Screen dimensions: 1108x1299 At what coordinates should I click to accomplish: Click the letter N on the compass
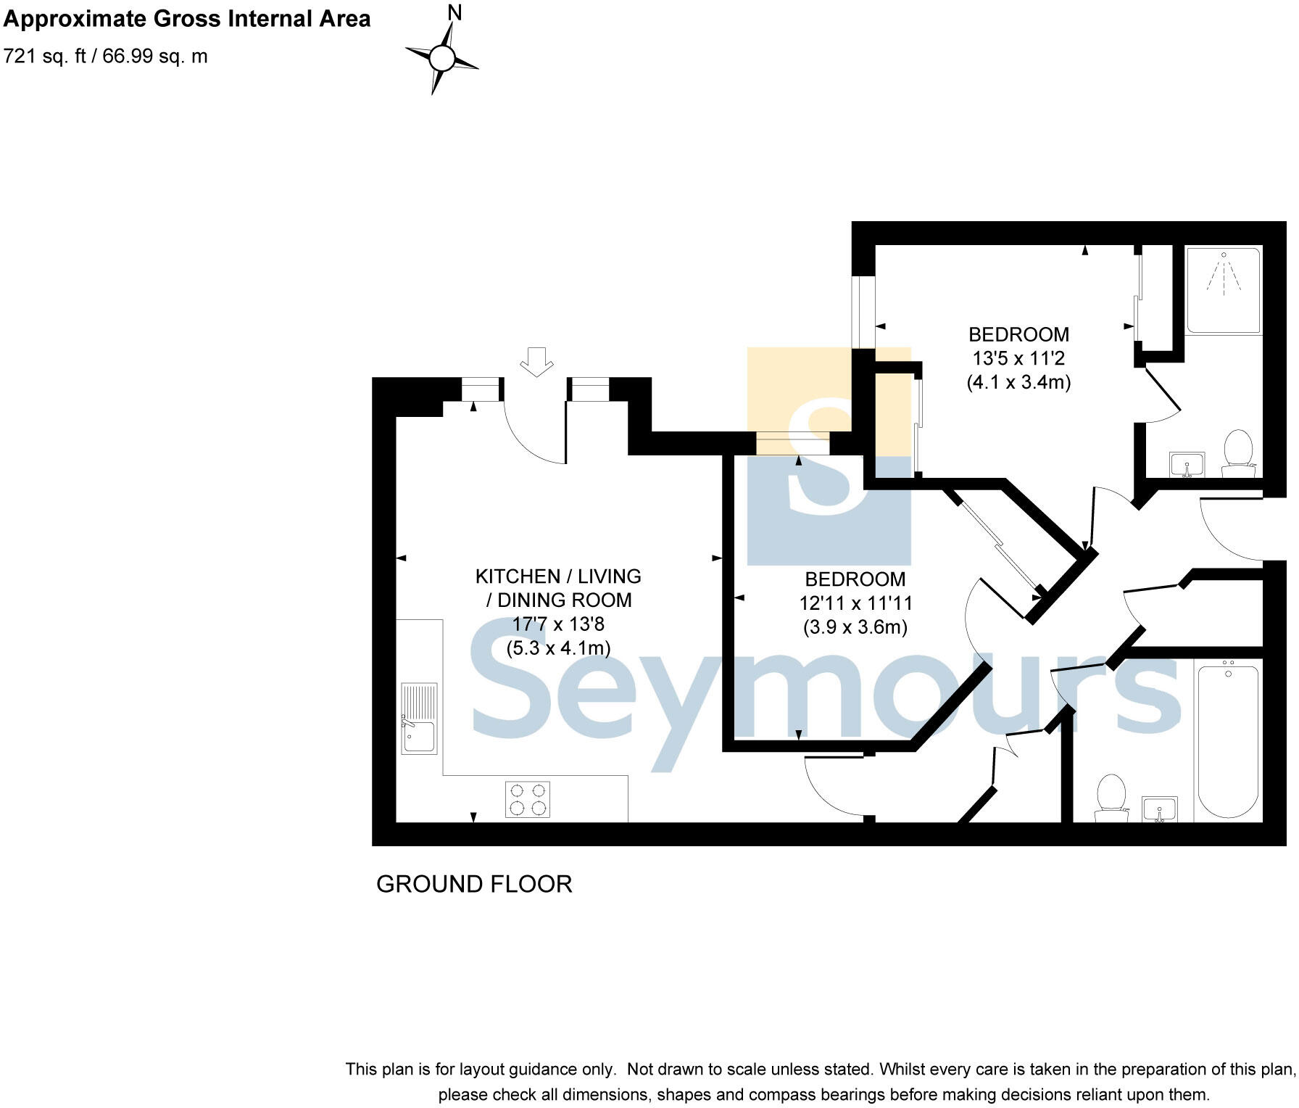[455, 12]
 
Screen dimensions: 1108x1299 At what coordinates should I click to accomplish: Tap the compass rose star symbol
[441, 58]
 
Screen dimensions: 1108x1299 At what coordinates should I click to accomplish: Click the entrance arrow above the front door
[536, 361]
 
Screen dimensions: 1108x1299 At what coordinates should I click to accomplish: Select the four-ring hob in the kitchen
[527, 799]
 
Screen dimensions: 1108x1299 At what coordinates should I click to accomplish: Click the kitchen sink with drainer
[419, 718]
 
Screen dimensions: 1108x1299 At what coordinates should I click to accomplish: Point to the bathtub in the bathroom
[1228, 740]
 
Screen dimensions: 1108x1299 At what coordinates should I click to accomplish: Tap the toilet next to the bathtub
[1111, 795]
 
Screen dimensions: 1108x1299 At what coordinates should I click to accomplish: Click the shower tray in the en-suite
[1224, 290]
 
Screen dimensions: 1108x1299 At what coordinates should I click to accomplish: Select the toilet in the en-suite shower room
[1238, 452]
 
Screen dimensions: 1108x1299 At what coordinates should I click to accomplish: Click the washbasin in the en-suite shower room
[1187, 464]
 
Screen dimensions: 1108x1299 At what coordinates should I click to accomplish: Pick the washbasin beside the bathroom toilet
[1160, 809]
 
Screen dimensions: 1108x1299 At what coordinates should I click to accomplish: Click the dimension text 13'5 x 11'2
[1018, 358]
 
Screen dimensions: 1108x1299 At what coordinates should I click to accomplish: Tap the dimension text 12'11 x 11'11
[855, 603]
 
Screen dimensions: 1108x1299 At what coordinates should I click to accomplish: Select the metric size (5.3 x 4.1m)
[558, 648]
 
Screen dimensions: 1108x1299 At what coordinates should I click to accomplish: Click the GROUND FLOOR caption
[474, 884]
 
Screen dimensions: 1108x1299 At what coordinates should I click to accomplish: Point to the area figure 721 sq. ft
[44, 57]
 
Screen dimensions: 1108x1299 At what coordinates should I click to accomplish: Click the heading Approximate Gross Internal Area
[187, 19]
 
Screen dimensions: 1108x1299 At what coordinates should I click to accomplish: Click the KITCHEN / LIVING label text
[558, 576]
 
